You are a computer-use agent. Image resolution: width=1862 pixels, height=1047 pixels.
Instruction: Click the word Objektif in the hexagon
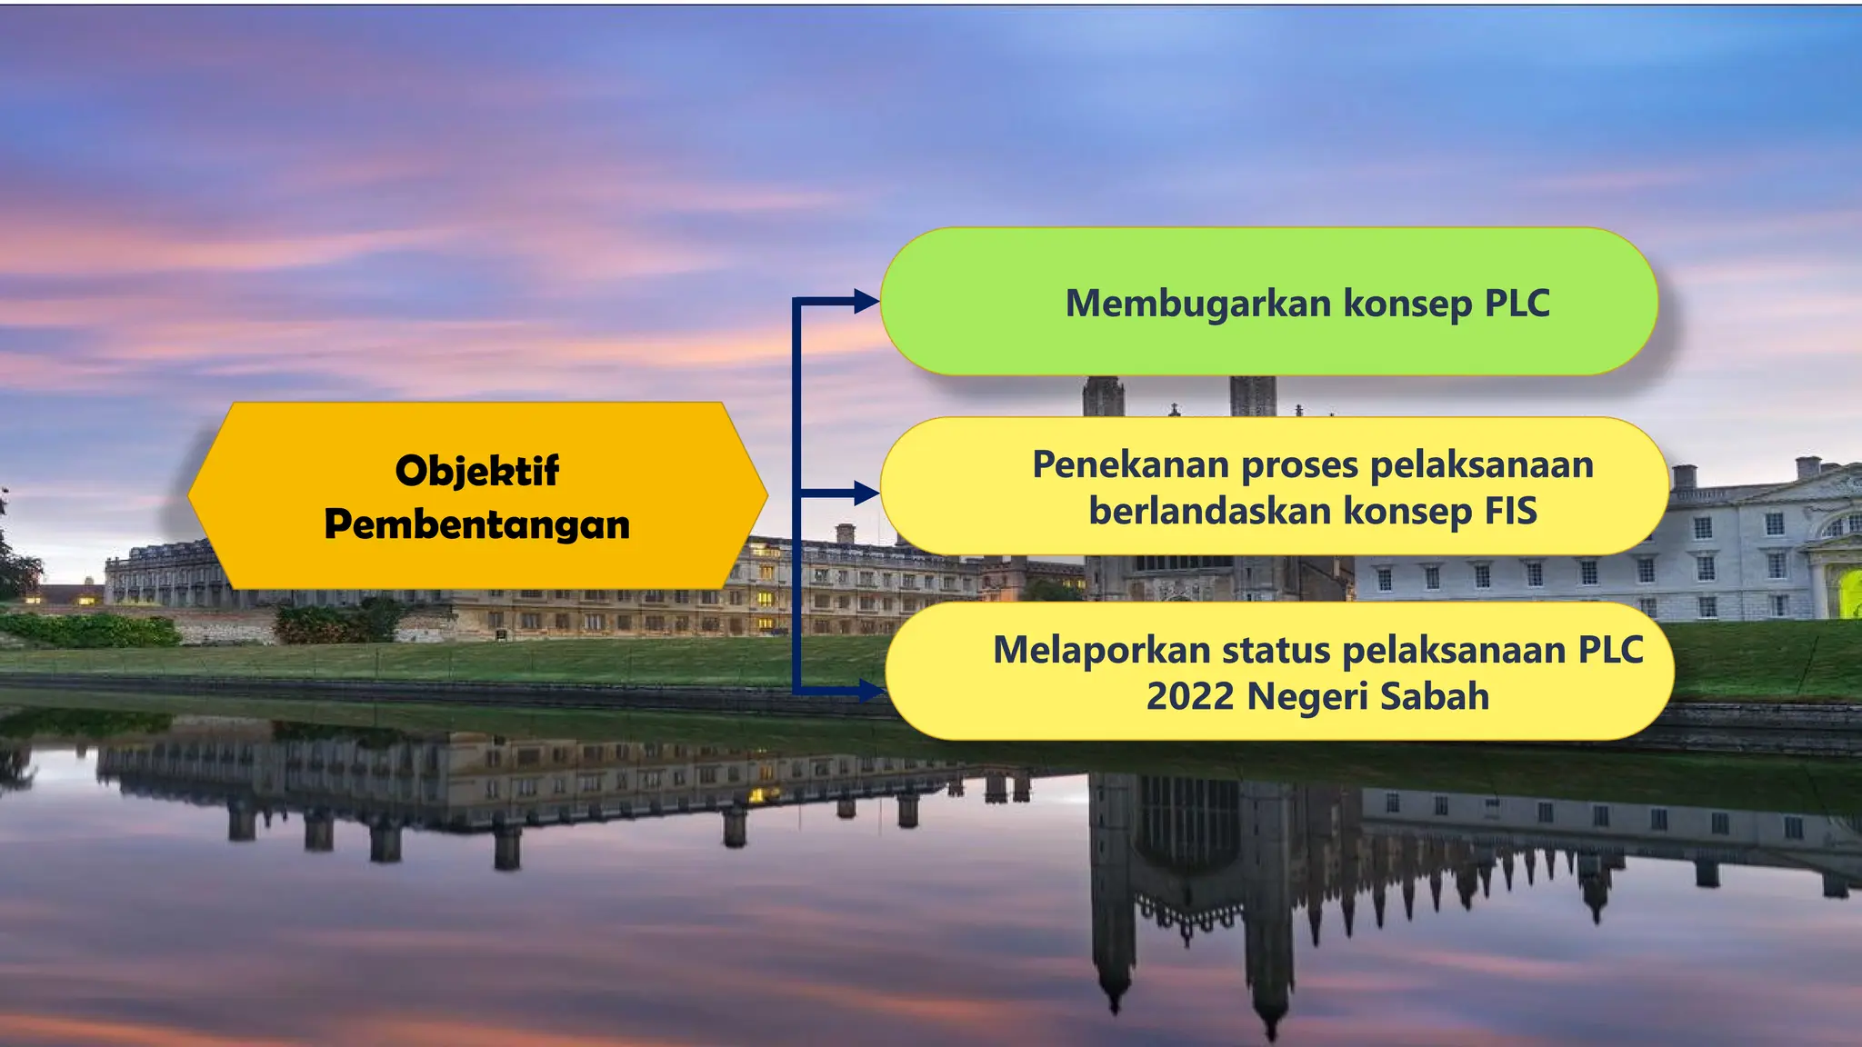[476, 471]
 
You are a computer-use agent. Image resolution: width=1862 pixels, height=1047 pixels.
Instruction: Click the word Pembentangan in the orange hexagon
[476, 524]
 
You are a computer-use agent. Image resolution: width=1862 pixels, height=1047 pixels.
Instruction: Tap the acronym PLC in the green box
[1517, 303]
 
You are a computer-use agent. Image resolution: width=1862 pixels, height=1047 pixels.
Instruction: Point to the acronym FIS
[1510, 511]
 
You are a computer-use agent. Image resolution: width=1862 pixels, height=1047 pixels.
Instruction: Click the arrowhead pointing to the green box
[866, 302]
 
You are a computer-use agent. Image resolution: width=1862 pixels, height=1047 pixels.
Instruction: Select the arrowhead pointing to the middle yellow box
[866, 494]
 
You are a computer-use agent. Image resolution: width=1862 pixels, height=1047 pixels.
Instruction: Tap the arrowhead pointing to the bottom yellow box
[870, 691]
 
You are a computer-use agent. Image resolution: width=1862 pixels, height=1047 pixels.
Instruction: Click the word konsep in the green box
[1408, 303]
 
